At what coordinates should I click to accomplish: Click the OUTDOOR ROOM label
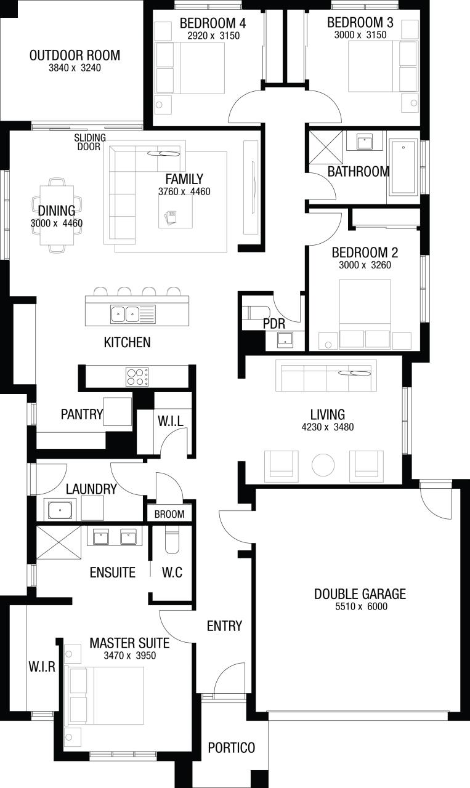click(x=75, y=55)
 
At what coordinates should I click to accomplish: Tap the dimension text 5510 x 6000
click(x=361, y=606)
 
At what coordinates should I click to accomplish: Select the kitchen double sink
click(x=125, y=314)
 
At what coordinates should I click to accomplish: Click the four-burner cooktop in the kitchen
click(x=137, y=377)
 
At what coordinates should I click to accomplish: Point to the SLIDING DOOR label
click(x=90, y=142)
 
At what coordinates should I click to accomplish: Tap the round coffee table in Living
click(x=323, y=465)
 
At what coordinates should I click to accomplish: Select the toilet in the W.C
click(x=172, y=541)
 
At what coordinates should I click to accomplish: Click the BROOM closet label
click(x=169, y=514)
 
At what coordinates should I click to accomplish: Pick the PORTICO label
click(x=231, y=747)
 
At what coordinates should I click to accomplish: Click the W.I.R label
click(x=42, y=666)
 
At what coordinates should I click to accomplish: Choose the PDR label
click(x=274, y=324)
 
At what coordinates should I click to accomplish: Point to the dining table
click(x=57, y=215)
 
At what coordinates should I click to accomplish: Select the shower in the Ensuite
click(x=59, y=542)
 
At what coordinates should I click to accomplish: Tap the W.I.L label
click(x=171, y=420)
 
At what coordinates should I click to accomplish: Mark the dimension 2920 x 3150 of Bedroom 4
click(x=213, y=36)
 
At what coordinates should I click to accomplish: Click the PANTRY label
click(x=82, y=414)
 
